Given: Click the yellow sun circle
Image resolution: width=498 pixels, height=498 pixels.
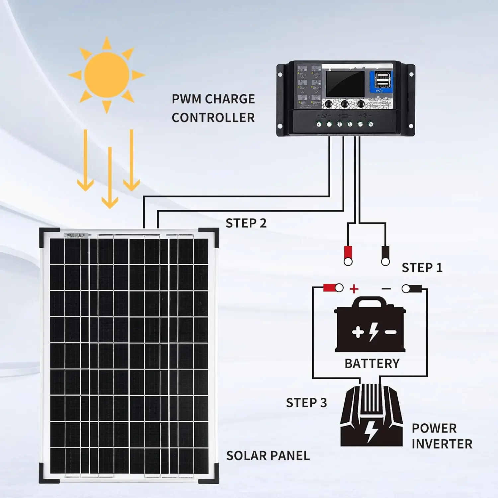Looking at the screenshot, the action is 107,74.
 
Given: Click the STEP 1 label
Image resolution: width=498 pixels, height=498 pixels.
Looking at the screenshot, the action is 422,268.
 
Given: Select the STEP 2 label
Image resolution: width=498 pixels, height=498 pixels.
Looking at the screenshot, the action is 246,223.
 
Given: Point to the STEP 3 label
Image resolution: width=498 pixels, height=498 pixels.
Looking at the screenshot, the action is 306,402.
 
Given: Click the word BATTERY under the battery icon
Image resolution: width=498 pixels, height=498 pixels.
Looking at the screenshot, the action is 372,364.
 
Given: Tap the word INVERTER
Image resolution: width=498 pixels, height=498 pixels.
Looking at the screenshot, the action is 442,444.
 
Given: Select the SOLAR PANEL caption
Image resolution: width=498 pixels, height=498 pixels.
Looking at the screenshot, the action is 268,456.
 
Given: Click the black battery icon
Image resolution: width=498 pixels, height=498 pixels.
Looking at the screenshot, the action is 370,325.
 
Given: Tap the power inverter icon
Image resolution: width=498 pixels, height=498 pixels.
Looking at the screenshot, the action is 371,417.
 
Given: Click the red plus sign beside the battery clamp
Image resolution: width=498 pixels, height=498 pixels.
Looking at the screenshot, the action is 354,289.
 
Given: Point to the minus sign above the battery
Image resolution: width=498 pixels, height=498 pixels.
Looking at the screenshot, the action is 386,289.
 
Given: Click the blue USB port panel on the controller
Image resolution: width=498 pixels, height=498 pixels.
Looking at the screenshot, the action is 381,82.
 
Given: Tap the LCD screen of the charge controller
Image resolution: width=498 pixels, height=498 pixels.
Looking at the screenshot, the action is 345,84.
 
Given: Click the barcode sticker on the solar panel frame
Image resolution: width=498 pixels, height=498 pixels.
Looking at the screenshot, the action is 76,235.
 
